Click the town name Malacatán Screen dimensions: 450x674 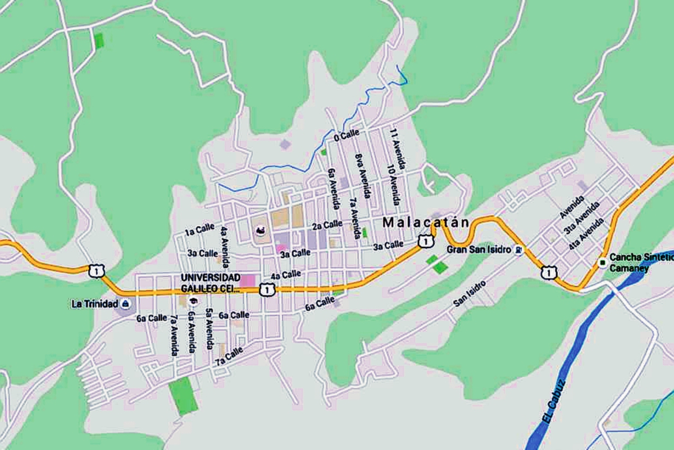coord(425,223)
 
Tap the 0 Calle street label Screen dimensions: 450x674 coord(346,136)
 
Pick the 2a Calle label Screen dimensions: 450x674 coord(327,224)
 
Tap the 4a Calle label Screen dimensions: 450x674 coord(286,275)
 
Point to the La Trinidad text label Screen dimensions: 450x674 coord(93,304)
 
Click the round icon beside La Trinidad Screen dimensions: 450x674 coord(125,304)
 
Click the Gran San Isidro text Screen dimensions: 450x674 coord(479,249)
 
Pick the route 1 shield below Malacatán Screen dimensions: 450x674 coord(426,241)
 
